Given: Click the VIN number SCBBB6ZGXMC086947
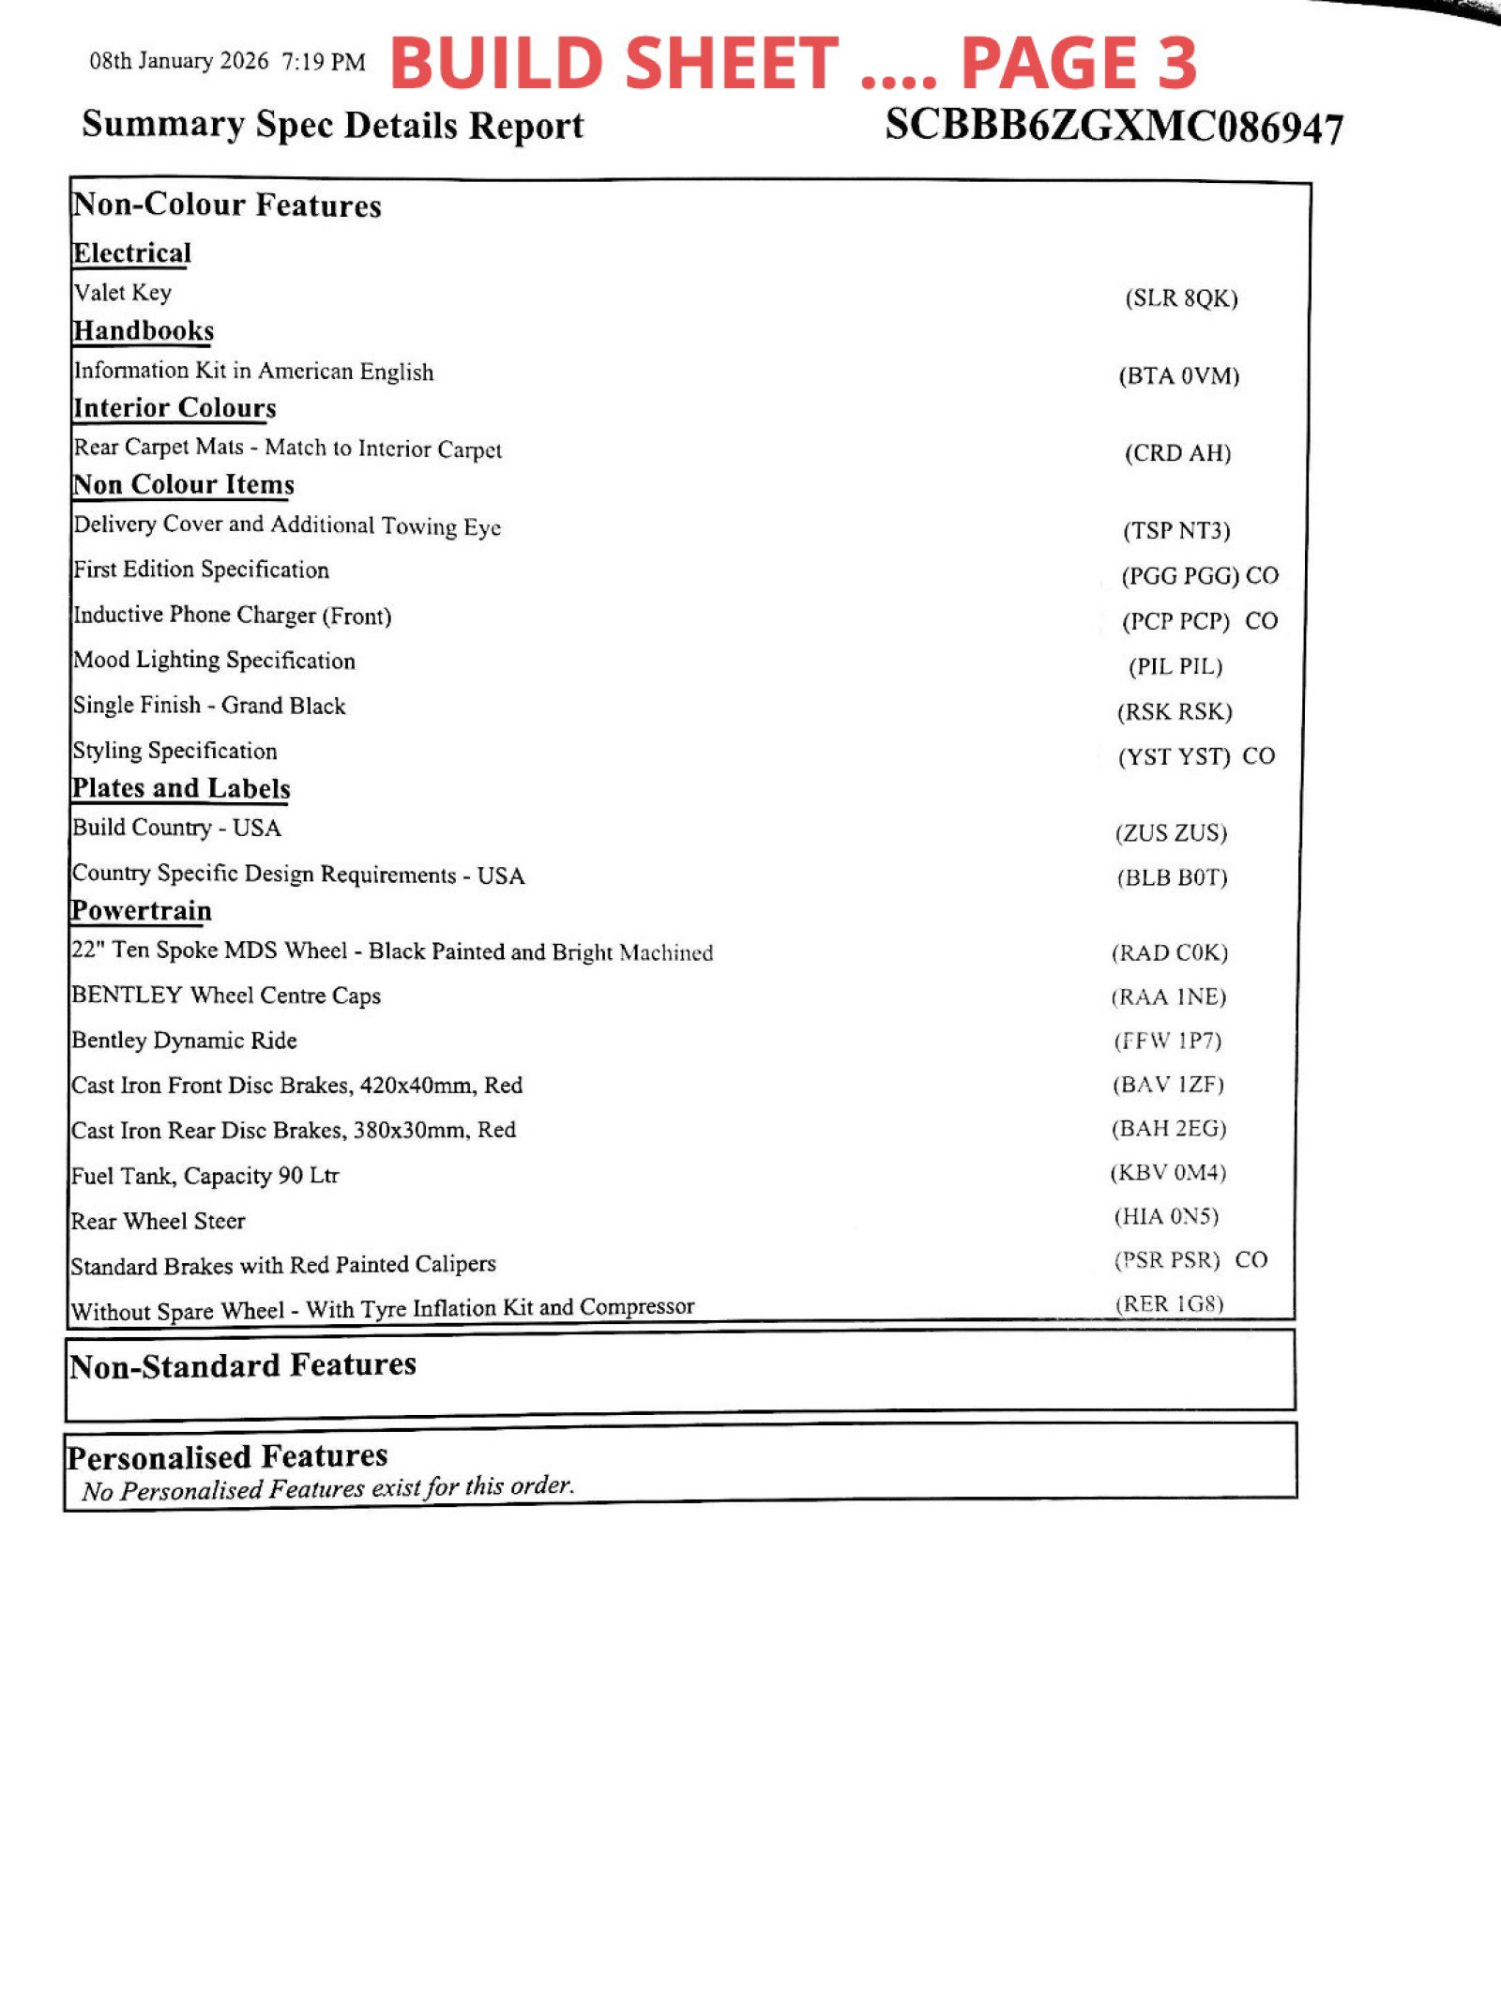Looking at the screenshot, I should [1114, 126].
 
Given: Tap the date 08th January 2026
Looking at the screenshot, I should [178, 62].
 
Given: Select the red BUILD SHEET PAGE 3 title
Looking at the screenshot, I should [793, 63].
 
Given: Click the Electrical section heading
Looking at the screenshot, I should [131, 253].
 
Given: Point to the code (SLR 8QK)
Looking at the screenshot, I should [1181, 298].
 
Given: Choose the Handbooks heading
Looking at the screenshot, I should [144, 331].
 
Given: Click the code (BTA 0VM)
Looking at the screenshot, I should [1178, 376].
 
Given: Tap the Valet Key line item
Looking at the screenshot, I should [123, 293].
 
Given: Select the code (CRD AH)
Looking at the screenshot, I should [1177, 453].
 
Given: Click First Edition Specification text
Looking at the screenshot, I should [201, 570].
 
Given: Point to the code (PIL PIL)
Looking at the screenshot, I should [1175, 666].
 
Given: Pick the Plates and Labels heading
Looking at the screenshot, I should [181, 788].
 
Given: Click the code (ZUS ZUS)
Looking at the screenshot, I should [1171, 832].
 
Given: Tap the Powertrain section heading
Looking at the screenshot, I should [142, 911].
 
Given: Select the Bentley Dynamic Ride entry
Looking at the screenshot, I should [184, 1040].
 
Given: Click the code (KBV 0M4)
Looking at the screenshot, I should [1168, 1172].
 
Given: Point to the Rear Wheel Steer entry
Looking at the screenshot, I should [158, 1221].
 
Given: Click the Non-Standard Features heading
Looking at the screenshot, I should [242, 1365].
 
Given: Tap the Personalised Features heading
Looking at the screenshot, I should [227, 1456].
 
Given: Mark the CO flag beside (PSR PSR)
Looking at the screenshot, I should [1251, 1259].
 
